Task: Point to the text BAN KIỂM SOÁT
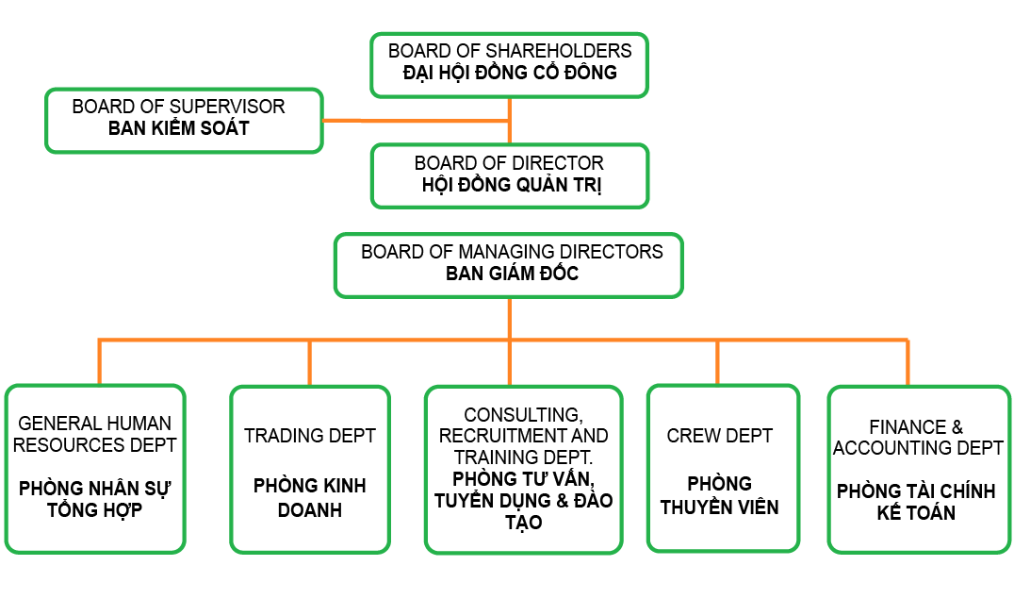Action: (179, 129)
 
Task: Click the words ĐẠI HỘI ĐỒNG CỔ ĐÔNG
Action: (510, 72)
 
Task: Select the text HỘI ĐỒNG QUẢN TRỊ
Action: (512, 185)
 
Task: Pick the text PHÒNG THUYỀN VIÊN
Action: (719, 495)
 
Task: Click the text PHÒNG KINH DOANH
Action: (309, 498)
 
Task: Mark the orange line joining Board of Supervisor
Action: (415, 121)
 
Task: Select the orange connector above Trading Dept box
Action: (309, 362)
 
